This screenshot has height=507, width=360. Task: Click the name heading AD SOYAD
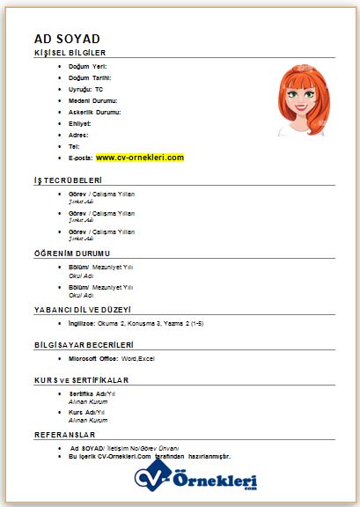point(67,39)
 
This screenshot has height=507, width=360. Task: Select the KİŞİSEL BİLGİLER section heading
point(70,53)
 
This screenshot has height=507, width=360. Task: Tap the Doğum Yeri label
point(86,66)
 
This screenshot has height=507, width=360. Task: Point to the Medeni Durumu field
point(92,100)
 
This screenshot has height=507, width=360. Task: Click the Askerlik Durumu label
point(94,112)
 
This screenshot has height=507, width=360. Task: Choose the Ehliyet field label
point(79,123)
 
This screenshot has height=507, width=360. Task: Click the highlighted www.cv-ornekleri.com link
point(140,158)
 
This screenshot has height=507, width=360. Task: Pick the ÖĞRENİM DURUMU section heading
point(72,253)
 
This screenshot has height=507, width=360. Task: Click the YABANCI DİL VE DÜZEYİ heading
point(83,310)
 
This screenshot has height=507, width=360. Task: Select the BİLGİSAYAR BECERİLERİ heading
point(84,344)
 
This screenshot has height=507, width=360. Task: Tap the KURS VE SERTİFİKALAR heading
point(82,379)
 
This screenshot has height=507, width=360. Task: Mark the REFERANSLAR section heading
point(64,435)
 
